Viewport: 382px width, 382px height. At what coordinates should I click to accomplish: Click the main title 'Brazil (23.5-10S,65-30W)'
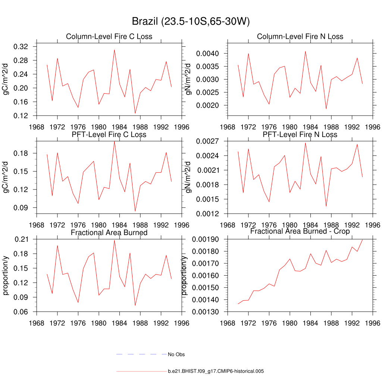(x=191, y=22)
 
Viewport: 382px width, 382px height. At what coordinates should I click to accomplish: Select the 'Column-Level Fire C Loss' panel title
(x=109, y=37)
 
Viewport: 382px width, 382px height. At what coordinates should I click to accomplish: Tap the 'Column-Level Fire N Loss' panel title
(x=300, y=37)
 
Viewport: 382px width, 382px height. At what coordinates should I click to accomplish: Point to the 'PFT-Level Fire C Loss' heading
(x=109, y=134)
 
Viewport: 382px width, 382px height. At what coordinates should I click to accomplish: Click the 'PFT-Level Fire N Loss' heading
(x=300, y=134)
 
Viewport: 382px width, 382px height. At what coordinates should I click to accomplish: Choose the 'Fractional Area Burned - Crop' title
(x=300, y=232)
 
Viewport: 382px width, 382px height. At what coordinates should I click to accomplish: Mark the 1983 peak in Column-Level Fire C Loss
(x=115, y=50)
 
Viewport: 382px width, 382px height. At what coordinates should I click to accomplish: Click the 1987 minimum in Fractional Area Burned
(x=135, y=306)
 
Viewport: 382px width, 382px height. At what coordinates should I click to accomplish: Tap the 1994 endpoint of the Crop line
(x=373, y=239)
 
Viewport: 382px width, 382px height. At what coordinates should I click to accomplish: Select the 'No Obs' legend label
(x=176, y=354)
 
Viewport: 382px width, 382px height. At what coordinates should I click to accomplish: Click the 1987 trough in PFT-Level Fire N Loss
(x=326, y=206)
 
